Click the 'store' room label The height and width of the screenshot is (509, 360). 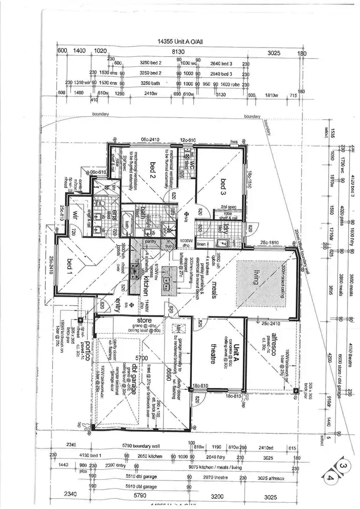click(x=144, y=320)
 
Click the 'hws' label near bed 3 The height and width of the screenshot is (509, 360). click(x=234, y=142)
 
